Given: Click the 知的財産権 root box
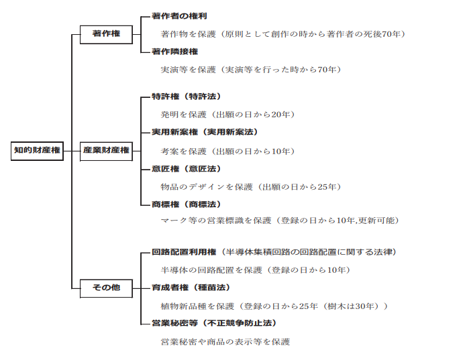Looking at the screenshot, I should [x=37, y=150].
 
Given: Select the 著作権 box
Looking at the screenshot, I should [x=107, y=33].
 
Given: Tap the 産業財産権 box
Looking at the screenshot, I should [x=107, y=150].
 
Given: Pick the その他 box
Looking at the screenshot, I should [x=107, y=288].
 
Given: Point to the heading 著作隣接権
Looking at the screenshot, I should [x=175, y=51].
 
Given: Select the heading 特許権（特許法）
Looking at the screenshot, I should [x=187, y=97].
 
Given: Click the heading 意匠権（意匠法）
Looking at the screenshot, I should [x=187, y=168].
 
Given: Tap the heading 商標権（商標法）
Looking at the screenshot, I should [x=187, y=204].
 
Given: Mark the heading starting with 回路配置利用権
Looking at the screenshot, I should [x=274, y=252].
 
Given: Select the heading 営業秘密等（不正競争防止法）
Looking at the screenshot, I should [x=214, y=323].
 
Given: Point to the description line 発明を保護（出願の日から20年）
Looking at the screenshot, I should [x=227, y=115].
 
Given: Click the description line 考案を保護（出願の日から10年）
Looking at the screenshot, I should [x=227, y=151].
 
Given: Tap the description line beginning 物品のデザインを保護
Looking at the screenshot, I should [x=250, y=186].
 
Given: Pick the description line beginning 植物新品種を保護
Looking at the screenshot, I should [x=274, y=306].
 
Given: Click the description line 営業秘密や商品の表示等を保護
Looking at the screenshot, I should [x=225, y=341].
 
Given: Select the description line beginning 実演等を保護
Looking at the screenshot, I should [x=250, y=69].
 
